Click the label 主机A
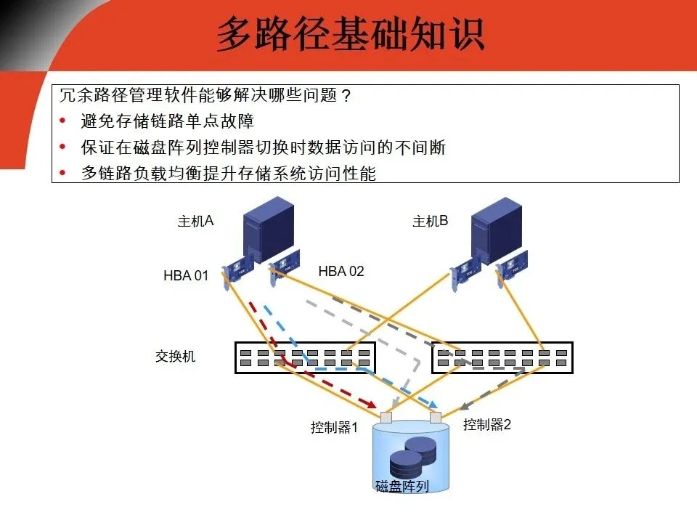[195, 221]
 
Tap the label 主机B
[430, 221]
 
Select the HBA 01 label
[186, 276]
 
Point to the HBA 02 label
[341, 272]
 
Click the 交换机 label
[175, 357]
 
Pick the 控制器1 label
[335, 428]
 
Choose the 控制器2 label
[487, 425]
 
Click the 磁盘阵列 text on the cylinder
[402, 486]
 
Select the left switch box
[305, 357]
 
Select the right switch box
[502, 357]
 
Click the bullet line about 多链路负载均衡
[229, 174]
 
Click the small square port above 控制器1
[385, 418]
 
